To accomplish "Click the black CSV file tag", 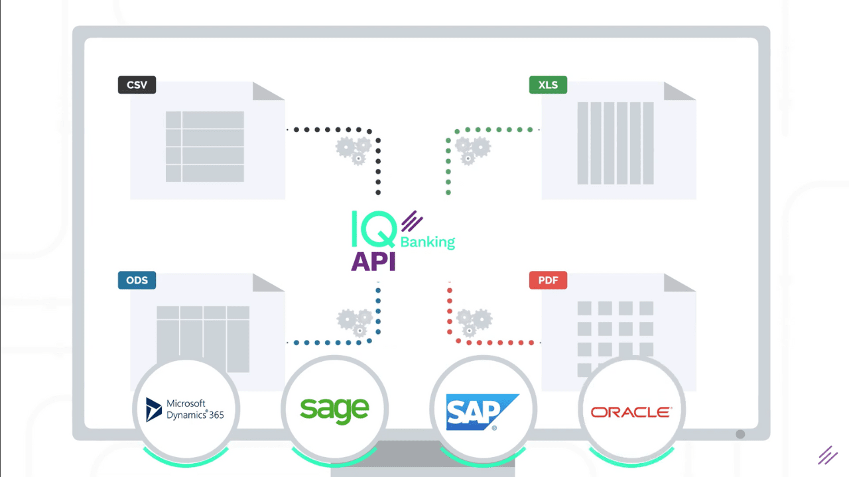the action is coord(137,85).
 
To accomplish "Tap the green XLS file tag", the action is coord(548,85).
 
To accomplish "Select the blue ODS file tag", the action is coord(137,280).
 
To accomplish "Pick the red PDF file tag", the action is coord(548,280).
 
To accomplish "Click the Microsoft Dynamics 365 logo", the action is coord(185,409).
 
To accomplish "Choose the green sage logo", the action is coord(334,410).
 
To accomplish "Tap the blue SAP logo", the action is coord(482,412).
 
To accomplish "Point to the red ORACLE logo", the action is coord(631,412).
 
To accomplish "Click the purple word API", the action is coord(373,261).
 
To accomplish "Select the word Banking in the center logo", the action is coord(428,242).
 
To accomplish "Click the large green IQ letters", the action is coord(374,229).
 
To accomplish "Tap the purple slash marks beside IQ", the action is coord(412,221).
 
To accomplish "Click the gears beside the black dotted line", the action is coord(354,150).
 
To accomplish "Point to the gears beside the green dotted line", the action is coord(473,150).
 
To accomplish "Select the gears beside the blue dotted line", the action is coord(355,323).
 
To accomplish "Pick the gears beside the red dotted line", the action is coord(474,323).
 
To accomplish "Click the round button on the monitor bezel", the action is coord(740,434).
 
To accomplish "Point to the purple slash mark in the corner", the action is coord(828,455).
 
